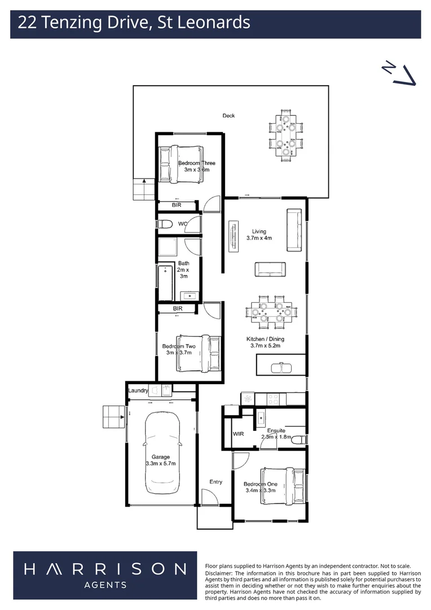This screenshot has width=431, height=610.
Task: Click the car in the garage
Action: (x=162, y=452)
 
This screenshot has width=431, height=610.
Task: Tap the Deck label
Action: (x=228, y=116)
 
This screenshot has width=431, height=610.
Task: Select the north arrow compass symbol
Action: (x=399, y=73)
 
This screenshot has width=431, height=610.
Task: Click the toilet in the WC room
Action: (x=165, y=224)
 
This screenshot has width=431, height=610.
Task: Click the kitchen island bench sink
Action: (x=280, y=368)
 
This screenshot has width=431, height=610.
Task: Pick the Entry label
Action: (x=215, y=482)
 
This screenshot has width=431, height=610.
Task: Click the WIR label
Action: (x=238, y=434)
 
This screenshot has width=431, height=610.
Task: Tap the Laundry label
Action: (x=138, y=390)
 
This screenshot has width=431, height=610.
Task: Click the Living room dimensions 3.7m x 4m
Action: (x=259, y=238)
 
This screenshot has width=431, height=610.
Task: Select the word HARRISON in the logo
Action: (x=105, y=569)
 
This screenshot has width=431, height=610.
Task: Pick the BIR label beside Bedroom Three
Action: (x=177, y=205)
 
